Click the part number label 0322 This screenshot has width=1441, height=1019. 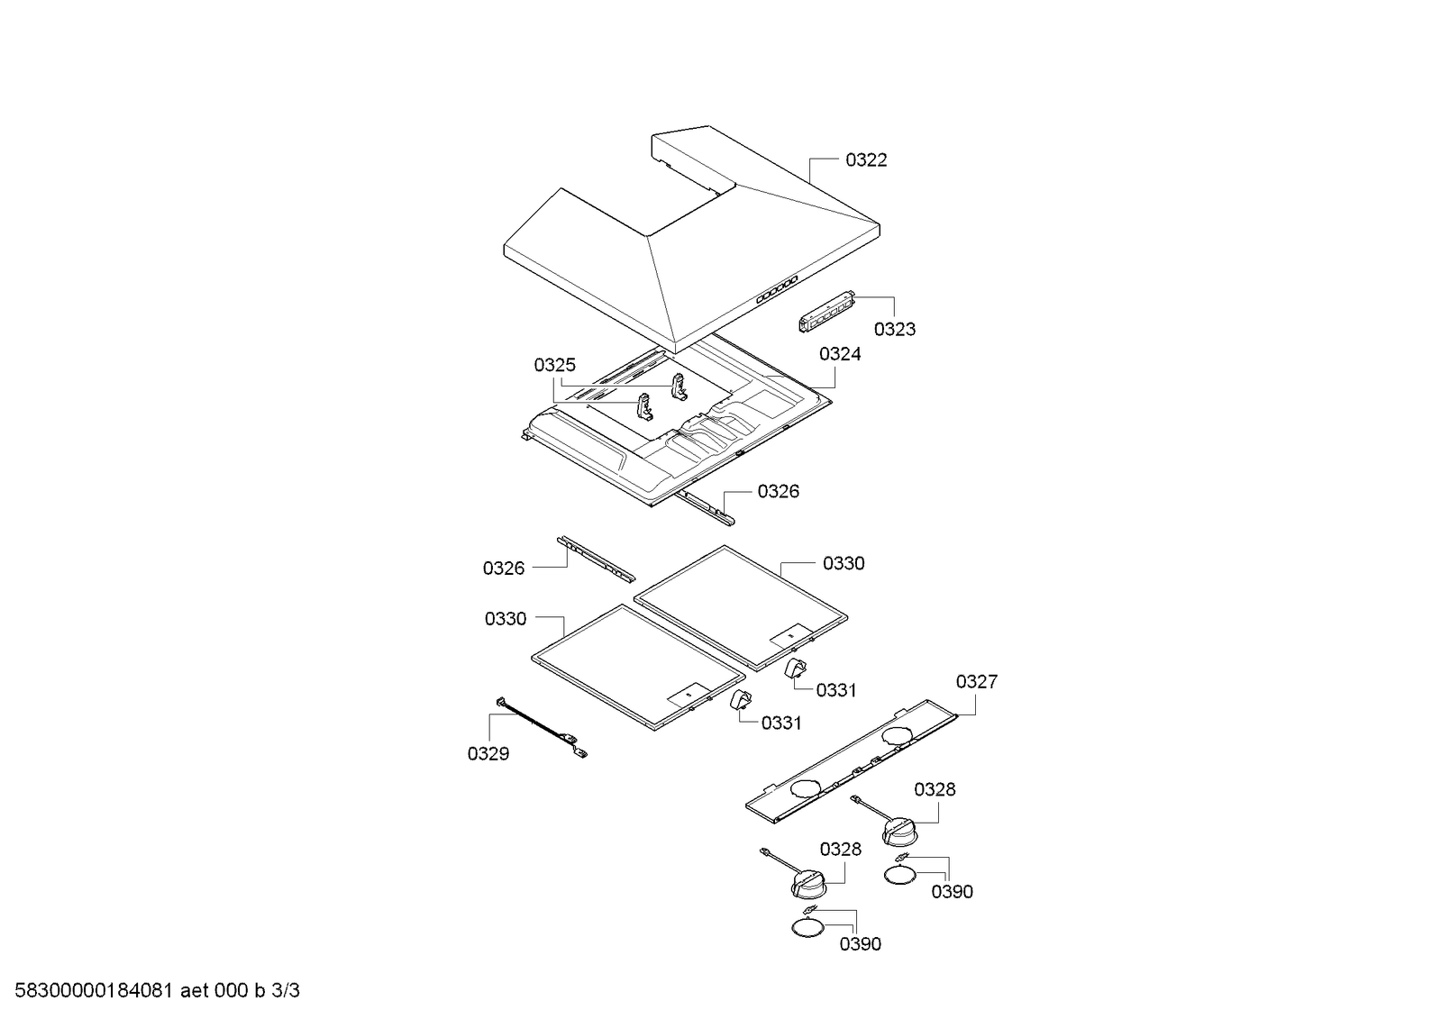866,160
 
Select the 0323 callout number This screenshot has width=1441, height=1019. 894,330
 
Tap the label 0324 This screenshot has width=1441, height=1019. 840,354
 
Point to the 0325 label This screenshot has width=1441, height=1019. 554,366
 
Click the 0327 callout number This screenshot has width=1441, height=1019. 977,682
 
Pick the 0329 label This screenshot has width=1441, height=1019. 488,754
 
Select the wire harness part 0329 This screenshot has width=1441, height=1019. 542,728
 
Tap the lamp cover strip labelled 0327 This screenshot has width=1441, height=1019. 852,761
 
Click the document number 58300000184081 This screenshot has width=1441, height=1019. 94,991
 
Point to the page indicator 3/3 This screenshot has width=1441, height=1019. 286,991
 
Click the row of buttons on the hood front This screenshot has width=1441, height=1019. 777,289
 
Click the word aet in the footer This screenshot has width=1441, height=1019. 195,991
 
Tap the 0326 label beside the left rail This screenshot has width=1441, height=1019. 504,569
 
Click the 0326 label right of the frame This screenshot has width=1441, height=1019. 779,492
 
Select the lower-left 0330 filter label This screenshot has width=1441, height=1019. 506,619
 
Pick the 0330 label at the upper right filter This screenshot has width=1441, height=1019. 844,563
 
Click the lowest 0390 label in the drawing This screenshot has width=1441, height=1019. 861,944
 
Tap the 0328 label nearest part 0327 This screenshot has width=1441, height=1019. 935,789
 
